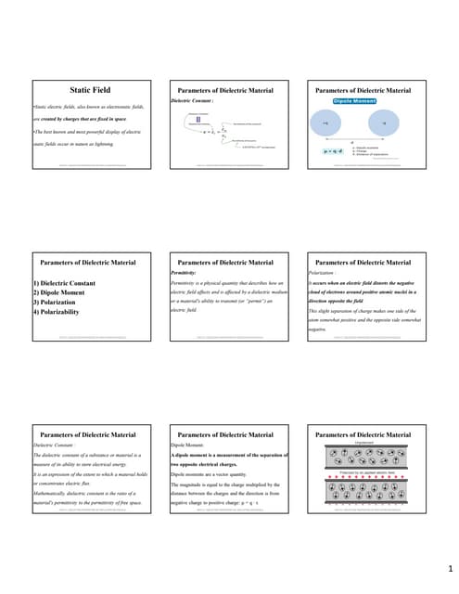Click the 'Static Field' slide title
coord(91,90)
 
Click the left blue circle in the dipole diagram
coord(325,122)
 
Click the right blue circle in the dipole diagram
coord(383,122)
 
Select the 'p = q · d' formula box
coord(331,150)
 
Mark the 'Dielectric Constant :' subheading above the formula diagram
coord(193,100)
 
